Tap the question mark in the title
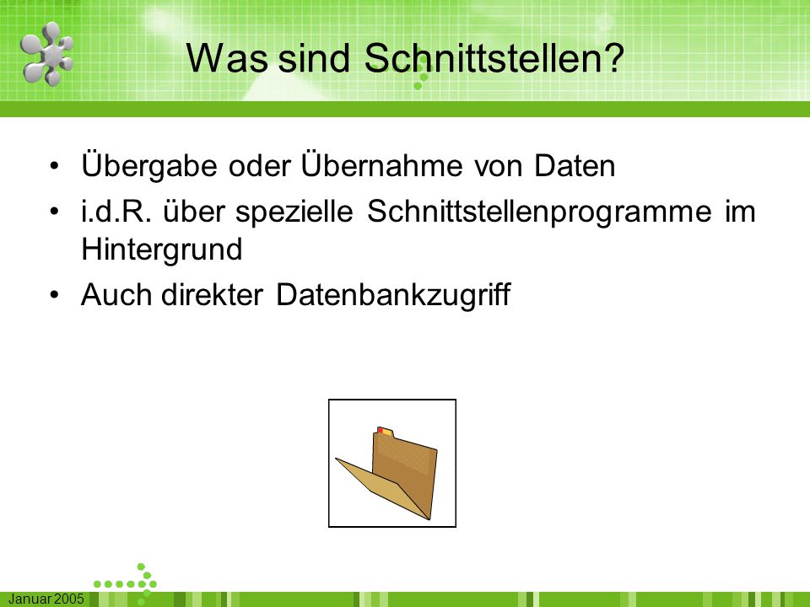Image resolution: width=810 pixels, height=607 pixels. click(613, 57)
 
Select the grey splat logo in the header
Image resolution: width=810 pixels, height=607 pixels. click(47, 54)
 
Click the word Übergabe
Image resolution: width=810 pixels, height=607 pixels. click(149, 165)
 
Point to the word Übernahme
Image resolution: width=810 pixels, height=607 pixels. click(381, 164)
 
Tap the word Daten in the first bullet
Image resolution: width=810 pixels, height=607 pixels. click(575, 166)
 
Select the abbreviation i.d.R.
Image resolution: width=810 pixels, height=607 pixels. click(116, 212)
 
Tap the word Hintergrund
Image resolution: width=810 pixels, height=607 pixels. click(162, 250)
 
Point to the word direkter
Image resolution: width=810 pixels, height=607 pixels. click(212, 295)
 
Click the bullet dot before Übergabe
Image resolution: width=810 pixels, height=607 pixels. click(55, 167)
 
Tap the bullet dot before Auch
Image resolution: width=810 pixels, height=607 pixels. click(55, 296)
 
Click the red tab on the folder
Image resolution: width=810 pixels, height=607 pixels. click(381, 430)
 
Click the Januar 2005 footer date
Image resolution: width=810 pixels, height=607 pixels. click(46, 599)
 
